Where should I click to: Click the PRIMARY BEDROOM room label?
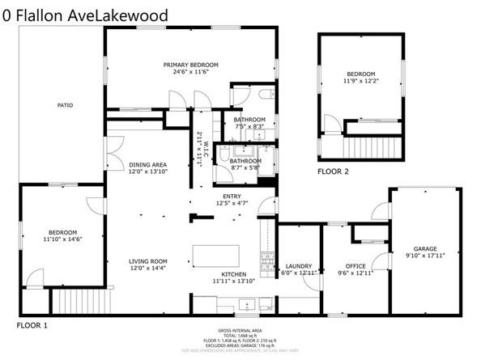186,65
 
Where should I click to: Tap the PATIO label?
66,105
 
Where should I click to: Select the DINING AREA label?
148,164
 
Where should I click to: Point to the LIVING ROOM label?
148,261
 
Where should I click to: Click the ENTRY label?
232,197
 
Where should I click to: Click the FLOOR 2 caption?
333,172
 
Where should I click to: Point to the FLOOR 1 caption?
32,324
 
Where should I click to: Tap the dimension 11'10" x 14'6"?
62,239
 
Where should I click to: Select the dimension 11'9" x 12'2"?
361,80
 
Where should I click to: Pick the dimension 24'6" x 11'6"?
186,71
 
